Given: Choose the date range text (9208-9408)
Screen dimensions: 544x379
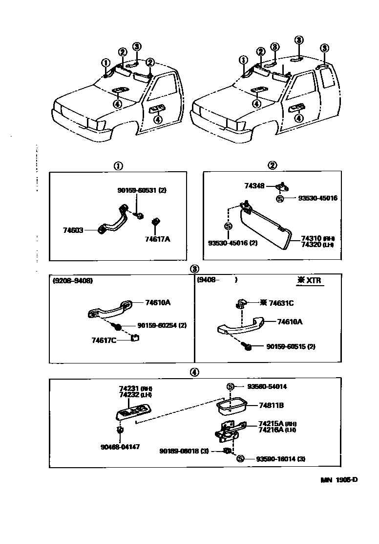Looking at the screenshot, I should click(73, 281).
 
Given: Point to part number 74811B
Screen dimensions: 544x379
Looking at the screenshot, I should click(272, 406).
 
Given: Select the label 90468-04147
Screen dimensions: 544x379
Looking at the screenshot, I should click(120, 447).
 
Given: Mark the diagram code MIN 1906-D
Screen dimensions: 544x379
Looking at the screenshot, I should click(339, 480).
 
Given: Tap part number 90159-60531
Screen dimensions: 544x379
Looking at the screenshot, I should click(138, 190).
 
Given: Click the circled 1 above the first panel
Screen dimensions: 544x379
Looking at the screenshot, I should click(118, 166).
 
